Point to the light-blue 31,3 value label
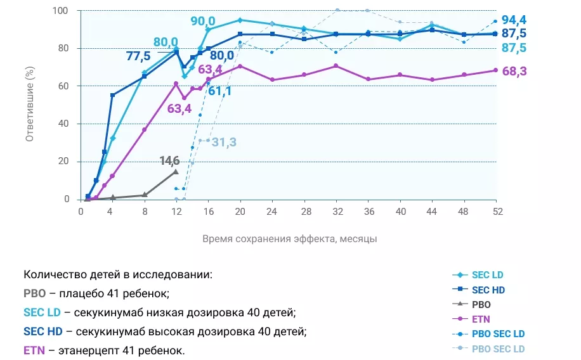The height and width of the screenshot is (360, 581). click(224, 142)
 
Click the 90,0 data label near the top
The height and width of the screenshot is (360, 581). click(204, 21)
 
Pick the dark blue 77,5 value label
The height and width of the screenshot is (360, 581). click(140, 56)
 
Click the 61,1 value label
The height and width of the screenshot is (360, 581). click(219, 91)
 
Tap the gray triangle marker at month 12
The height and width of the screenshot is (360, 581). click(176, 171)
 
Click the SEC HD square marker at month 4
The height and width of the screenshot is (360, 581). click(112, 95)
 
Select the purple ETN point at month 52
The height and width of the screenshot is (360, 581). click(495, 70)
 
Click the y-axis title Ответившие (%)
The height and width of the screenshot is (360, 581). click(29, 105)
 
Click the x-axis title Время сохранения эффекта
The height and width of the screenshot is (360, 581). click(290, 239)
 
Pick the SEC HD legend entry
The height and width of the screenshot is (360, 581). click(488, 290)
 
